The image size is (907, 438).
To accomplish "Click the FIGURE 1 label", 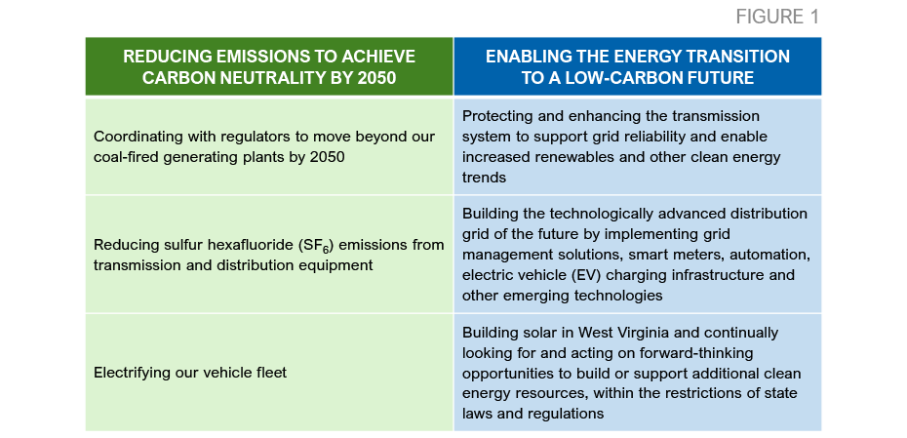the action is pyautogui.click(x=777, y=17).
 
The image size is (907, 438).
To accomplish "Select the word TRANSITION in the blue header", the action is pyautogui.click(x=738, y=57).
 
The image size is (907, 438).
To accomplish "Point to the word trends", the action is pyautogui.click(x=484, y=178).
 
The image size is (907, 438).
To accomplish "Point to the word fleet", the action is pyautogui.click(x=271, y=373).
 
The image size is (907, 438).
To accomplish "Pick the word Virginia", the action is pyautogui.click(x=652, y=334).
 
